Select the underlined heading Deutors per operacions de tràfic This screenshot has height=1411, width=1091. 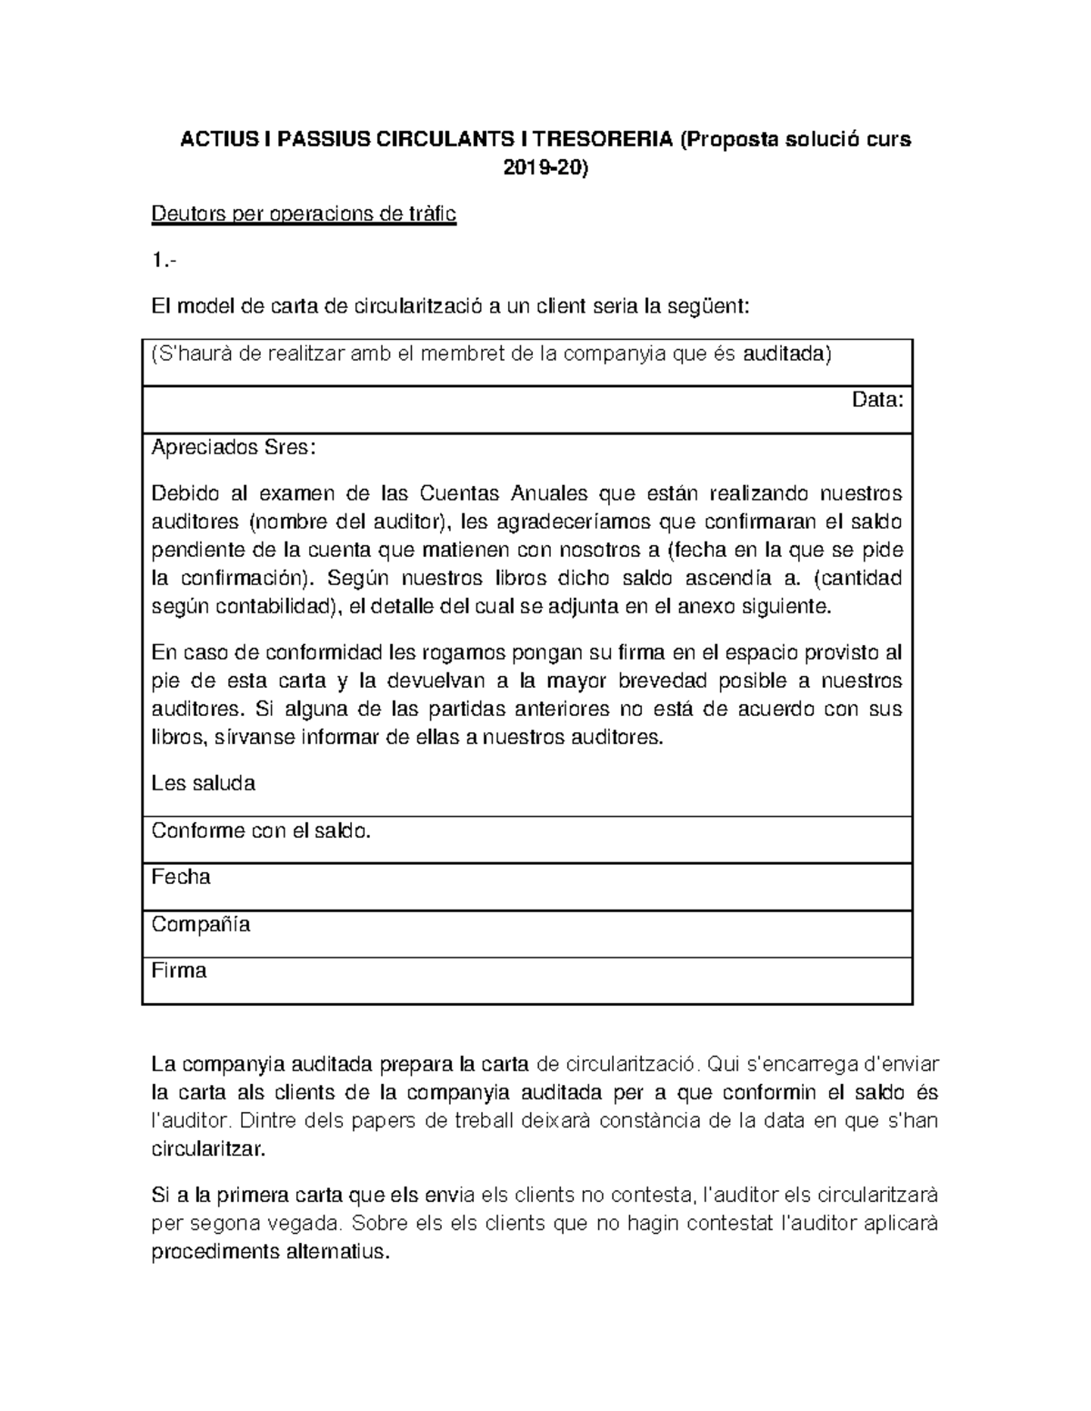304,214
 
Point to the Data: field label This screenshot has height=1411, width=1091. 877,400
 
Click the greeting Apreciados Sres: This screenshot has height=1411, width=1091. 235,447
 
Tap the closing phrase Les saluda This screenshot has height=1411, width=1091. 204,783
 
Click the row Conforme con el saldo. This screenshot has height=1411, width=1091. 262,830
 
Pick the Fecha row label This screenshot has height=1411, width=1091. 181,877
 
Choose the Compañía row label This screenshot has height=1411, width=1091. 201,924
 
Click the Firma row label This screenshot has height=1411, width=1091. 179,970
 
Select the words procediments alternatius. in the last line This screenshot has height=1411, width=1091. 270,1252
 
